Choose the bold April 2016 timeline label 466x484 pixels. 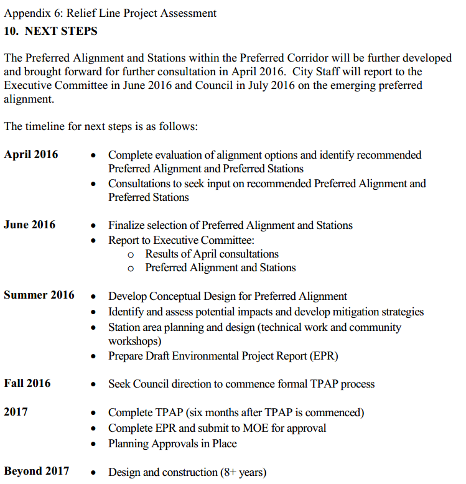(x=31, y=154)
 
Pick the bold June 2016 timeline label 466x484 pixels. (x=29, y=225)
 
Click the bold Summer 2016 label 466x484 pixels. (x=39, y=295)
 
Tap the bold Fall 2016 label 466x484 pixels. (x=27, y=383)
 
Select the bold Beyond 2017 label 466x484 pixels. (x=37, y=471)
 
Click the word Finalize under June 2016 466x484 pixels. (x=128, y=225)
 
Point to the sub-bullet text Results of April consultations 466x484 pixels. (x=212, y=254)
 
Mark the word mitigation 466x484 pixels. (x=355, y=312)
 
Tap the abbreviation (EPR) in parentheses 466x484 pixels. (x=325, y=356)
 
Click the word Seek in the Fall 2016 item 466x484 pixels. (x=119, y=384)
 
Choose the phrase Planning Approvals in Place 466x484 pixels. (x=172, y=444)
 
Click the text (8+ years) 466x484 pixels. (x=243, y=472)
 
